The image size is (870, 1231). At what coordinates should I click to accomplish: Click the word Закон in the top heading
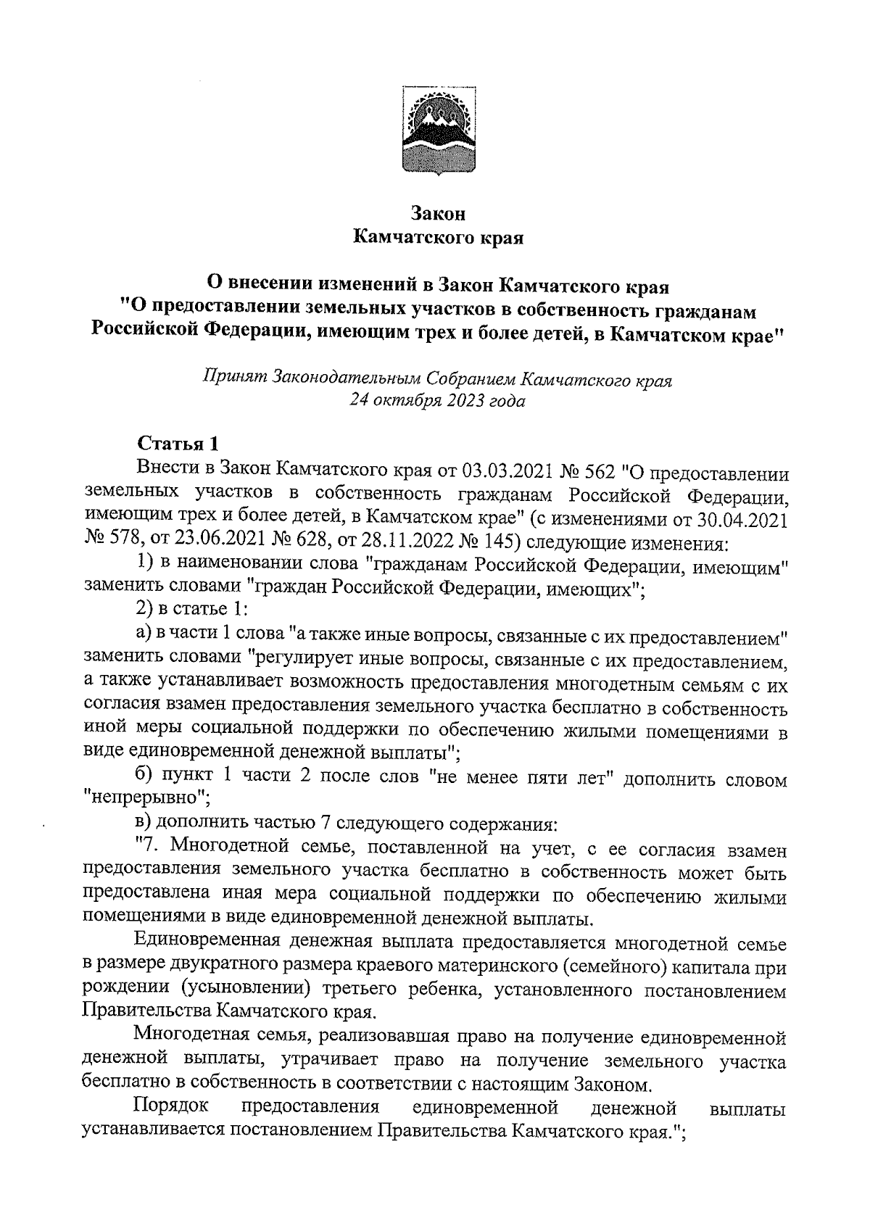(x=437, y=214)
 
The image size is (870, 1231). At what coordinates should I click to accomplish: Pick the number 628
(x=303, y=542)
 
